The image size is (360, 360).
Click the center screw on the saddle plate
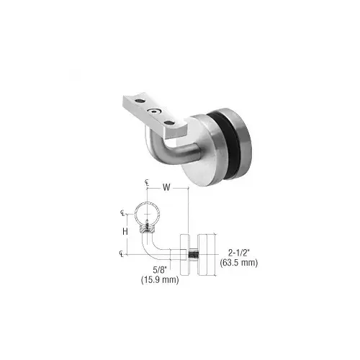153,112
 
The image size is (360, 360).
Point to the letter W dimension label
166,189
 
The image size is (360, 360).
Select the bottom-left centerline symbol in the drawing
122,253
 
